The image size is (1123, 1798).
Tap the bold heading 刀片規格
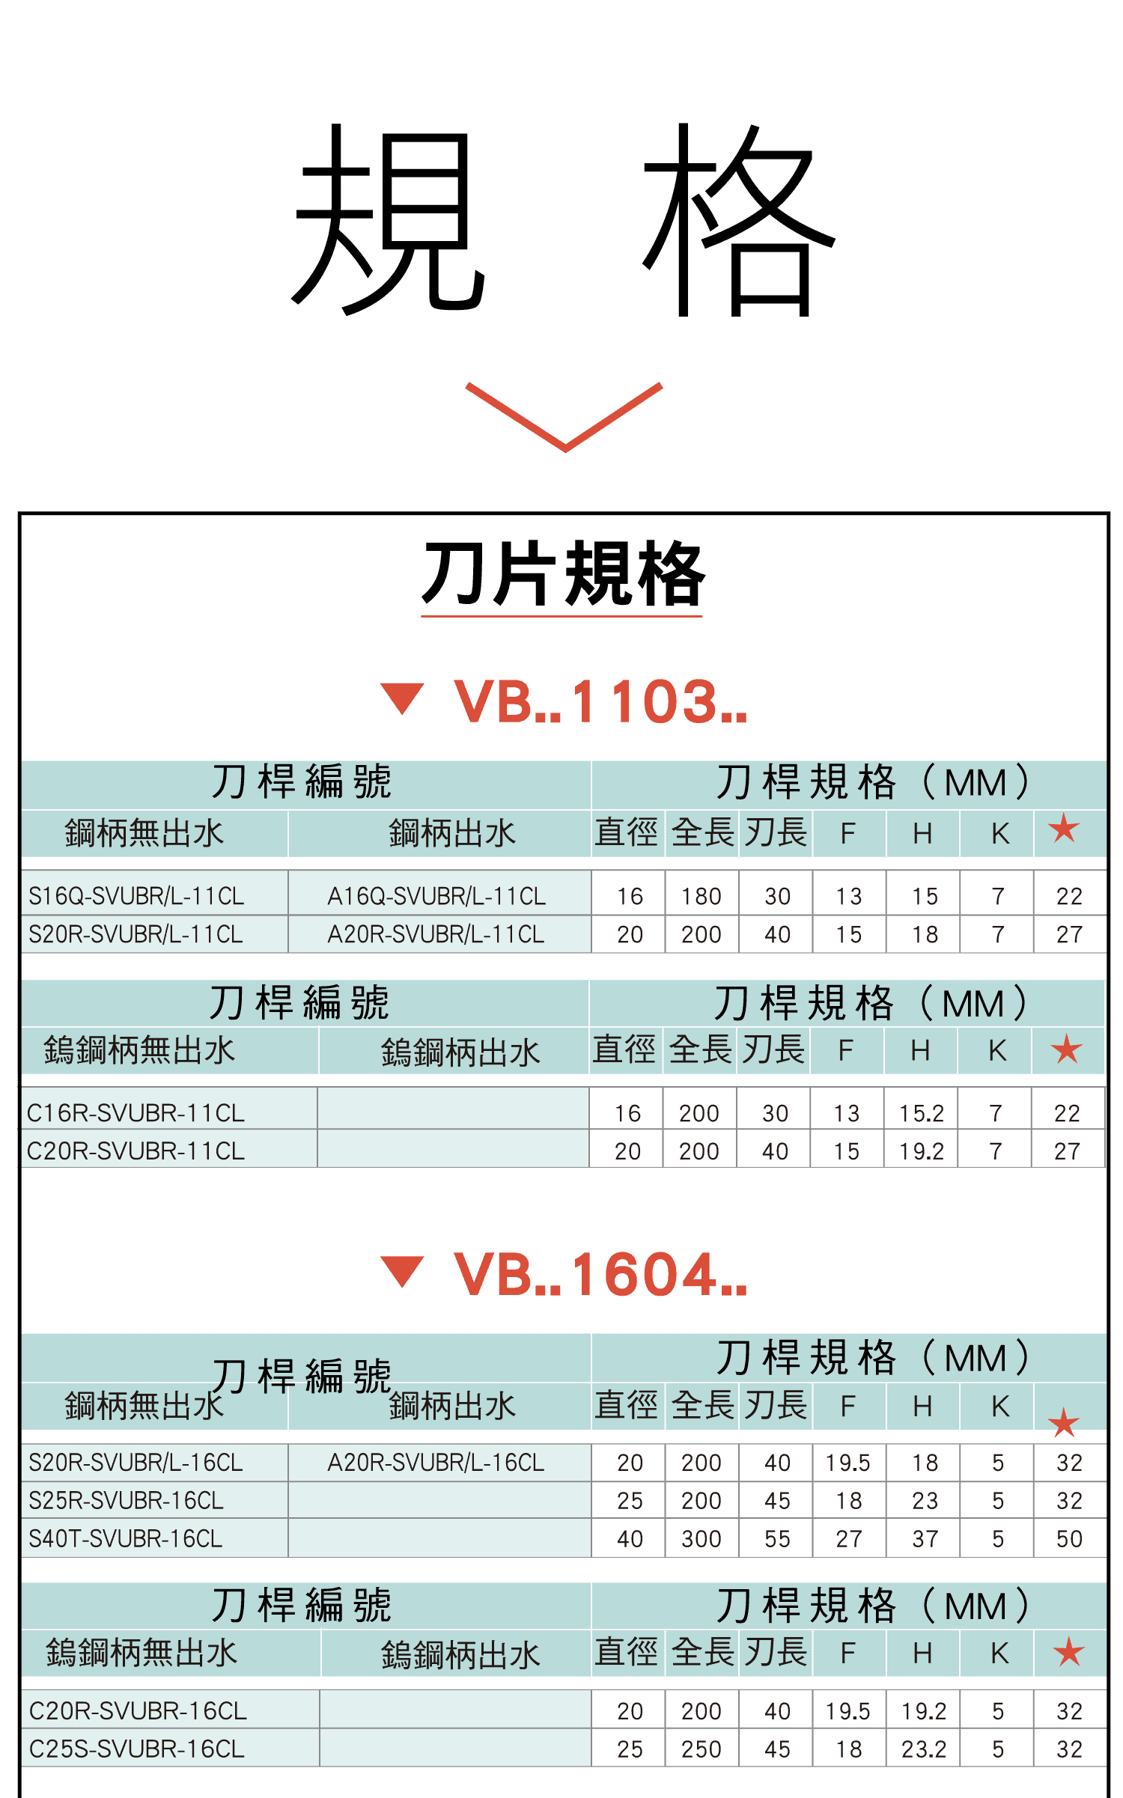562,574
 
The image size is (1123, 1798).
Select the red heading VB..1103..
600,702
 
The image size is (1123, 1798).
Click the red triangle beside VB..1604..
402,1271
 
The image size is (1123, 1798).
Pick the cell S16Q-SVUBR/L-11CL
136,896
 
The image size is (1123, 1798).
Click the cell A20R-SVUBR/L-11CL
436,934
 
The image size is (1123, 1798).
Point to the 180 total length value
701,896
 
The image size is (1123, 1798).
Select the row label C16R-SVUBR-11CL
136,1113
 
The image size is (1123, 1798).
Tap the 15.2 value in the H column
921,1113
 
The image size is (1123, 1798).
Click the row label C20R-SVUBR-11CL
136,1151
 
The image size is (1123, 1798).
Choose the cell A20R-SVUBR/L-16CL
436,1462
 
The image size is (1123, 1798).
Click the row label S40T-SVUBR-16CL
126,1538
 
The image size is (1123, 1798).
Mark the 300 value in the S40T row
701,1538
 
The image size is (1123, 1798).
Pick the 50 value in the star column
1069,1538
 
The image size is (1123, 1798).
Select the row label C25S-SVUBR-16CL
137,1749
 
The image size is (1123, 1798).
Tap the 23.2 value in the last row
923,1749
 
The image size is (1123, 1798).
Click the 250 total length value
701,1749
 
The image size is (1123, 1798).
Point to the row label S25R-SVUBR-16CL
126,1500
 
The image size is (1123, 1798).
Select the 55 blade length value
777,1538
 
